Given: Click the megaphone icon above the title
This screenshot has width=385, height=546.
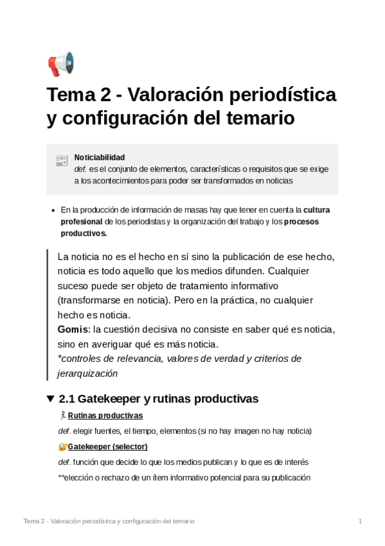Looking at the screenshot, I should pos(61,64).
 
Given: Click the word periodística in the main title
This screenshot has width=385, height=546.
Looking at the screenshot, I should pos(282,95).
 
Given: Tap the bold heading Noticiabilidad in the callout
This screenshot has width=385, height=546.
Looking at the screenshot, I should pos(100,157).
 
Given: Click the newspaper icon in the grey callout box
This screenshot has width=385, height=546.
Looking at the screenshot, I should pos(62,160).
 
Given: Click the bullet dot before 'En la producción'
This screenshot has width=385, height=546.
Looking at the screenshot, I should pos(52,210).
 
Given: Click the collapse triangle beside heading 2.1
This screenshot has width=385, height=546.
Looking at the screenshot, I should pos(51,399).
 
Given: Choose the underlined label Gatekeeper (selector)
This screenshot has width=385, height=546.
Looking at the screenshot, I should pos(107,446).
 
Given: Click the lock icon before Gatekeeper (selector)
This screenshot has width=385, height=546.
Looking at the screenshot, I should pos(62,446).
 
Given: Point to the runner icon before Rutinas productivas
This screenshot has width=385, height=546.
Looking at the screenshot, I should pos(62,415).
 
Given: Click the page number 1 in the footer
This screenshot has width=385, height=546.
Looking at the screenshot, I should pos(361,520).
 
